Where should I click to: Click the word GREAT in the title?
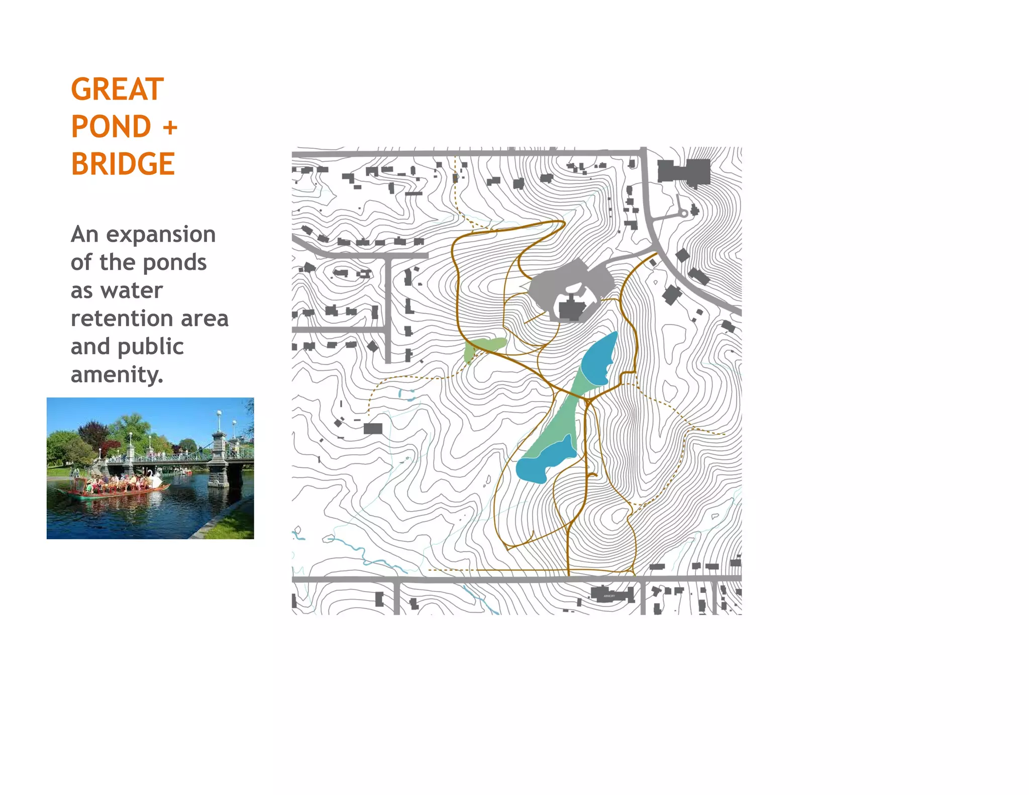click(x=117, y=89)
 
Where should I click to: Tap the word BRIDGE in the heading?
click(x=123, y=164)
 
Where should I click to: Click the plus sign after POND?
click(x=170, y=127)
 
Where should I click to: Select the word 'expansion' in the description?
click(x=161, y=234)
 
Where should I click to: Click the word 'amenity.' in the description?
click(x=117, y=374)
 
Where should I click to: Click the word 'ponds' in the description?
click(x=181, y=262)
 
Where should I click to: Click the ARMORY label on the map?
click(x=609, y=596)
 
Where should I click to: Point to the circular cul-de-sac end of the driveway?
click(x=684, y=214)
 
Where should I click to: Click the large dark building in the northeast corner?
click(x=684, y=171)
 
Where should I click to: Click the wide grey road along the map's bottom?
click(x=502, y=579)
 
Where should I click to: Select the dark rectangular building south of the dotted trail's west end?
click(x=373, y=429)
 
